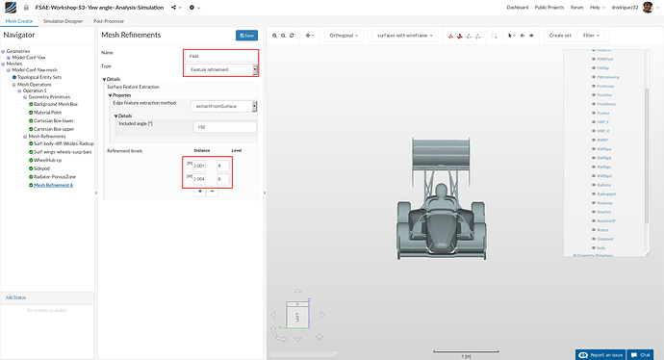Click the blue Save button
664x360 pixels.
tap(246, 36)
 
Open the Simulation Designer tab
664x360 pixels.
tap(59, 19)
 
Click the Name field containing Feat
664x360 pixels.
tap(220, 56)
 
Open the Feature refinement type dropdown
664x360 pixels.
tap(222, 69)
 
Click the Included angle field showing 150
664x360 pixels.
tap(224, 126)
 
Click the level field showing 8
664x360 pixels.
tap(224, 165)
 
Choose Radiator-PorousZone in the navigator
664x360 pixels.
tap(60, 177)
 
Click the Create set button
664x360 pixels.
tap(559, 36)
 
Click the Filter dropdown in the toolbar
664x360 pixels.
tap(594, 36)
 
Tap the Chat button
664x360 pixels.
tap(643, 354)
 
